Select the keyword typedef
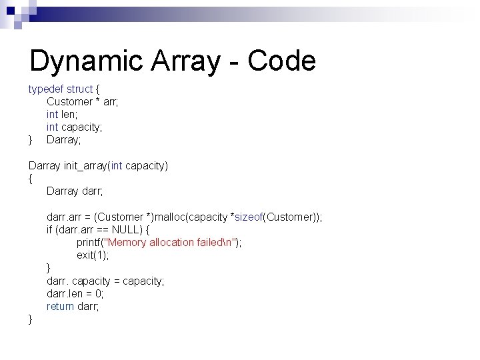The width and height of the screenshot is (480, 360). [x=45, y=89]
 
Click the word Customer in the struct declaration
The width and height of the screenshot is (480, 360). [x=69, y=101]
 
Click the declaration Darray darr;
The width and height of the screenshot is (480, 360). [x=73, y=191]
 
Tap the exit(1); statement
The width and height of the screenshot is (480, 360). [x=92, y=255]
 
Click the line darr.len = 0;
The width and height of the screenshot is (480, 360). [x=75, y=293]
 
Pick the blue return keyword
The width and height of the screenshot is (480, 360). [x=61, y=307]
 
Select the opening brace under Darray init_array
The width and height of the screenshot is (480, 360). [x=31, y=179]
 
